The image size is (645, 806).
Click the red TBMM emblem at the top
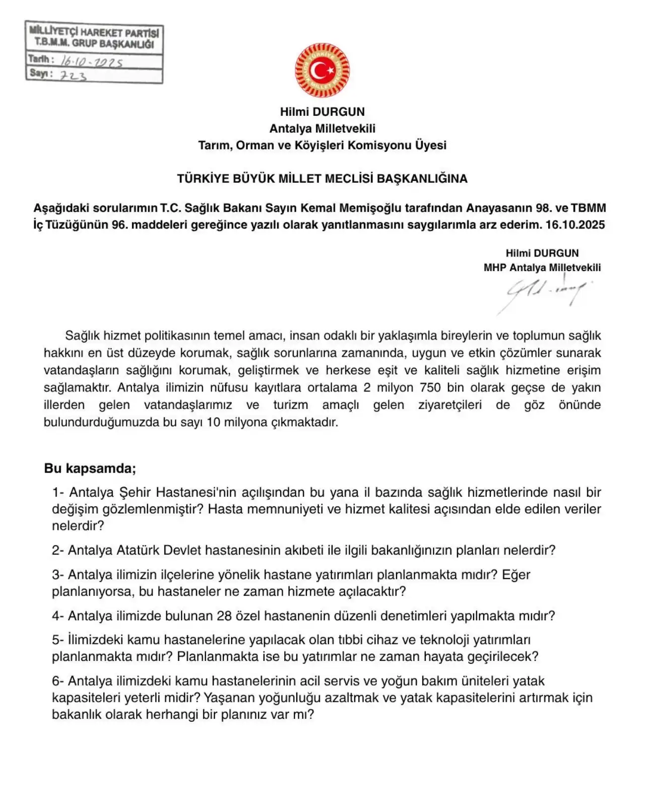(x=322, y=71)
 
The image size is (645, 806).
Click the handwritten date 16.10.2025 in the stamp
(x=92, y=62)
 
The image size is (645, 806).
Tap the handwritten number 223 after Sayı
(x=74, y=76)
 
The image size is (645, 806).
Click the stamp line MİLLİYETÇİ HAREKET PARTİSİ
(x=94, y=32)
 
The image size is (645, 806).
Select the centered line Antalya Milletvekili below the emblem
(x=322, y=128)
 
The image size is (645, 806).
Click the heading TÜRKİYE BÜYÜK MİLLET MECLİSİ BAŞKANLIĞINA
(x=322, y=178)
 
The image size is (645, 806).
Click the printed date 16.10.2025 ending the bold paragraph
(x=575, y=225)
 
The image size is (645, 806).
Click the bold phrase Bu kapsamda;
(x=90, y=468)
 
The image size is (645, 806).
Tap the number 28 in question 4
(x=224, y=616)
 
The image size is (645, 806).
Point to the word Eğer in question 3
(x=516, y=575)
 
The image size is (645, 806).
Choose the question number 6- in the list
(x=58, y=681)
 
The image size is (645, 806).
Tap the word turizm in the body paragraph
(x=290, y=405)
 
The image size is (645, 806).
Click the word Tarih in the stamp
(x=39, y=59)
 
